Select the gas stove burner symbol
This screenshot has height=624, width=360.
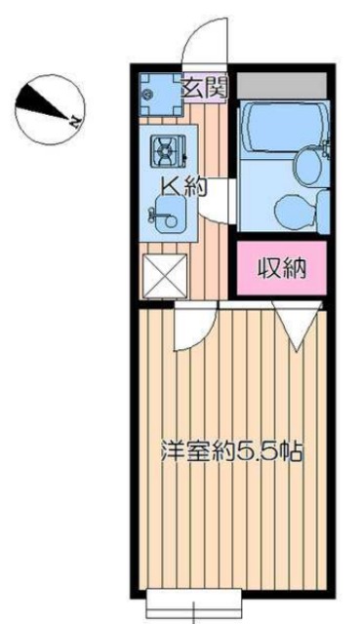click(165, 150)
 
